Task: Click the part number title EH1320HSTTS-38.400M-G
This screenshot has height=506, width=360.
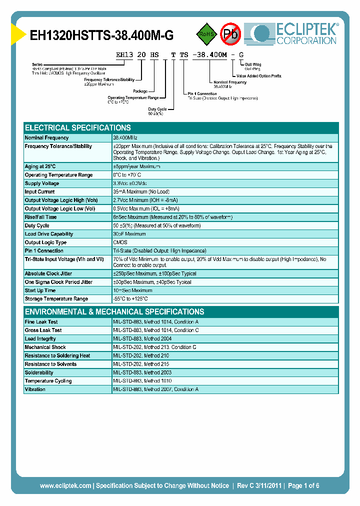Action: click(x=102, y=35)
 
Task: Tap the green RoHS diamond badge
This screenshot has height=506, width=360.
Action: click(x=206, y=34)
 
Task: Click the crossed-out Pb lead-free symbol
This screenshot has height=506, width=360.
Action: click(x=231, y=34)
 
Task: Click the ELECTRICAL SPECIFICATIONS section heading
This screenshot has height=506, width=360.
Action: click(x=78, y=127)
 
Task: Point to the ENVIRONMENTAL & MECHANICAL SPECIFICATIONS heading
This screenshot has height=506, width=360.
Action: click(x=114, y=311)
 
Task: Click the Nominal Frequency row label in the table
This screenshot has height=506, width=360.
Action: click(x=47, y=137)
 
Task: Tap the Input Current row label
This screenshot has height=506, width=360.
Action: click(x=40, y=191)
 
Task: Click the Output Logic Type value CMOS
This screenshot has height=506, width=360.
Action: click(x=120, y=242)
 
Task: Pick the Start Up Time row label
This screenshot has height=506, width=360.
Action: click(x=40, y=290)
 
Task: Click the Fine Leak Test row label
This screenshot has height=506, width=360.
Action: click(x=41, y=322)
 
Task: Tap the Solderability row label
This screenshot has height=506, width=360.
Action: click(x=39, y=372)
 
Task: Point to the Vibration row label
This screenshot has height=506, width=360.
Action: click(x=35, y=389)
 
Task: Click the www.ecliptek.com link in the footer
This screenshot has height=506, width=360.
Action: click(x=65, y=485)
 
